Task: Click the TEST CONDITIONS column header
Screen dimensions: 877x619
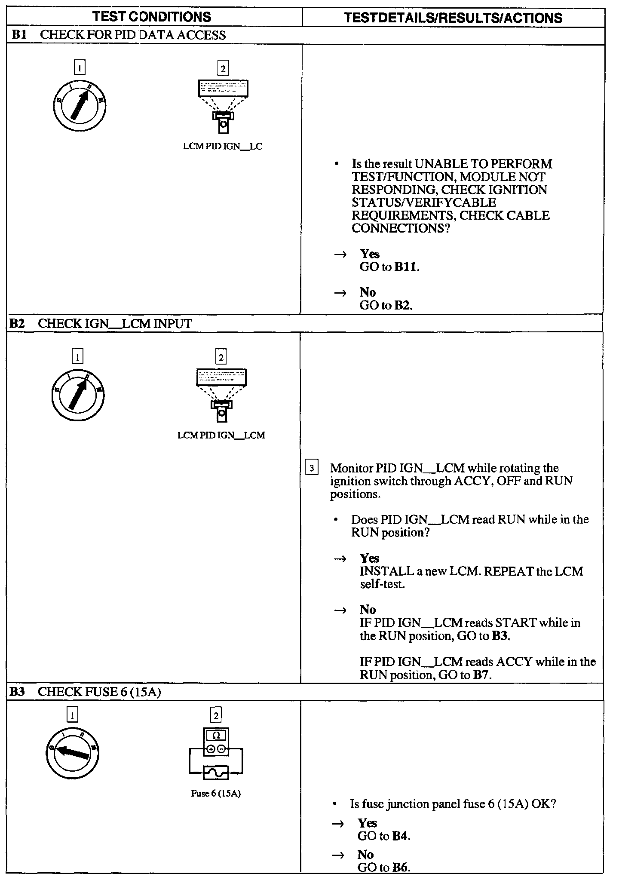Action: coord(152,17)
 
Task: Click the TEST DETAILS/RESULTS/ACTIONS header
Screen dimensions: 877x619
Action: coord(453,18)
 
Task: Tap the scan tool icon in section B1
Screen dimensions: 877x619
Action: coord(223,106)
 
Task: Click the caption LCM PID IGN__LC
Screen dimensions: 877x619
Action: coord(222,147)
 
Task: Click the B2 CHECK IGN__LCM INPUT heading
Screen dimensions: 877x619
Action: coord(100,324)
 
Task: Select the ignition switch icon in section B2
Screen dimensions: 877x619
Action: coord(77,395)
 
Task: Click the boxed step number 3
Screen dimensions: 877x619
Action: coord(312,467)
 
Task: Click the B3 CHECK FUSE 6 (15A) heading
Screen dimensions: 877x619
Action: coord(85,692)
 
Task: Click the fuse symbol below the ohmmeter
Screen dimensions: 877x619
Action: coord(216,773)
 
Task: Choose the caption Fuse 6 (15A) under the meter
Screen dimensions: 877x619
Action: coord(216,794)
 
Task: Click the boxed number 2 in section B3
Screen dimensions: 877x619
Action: coord(216,715)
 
